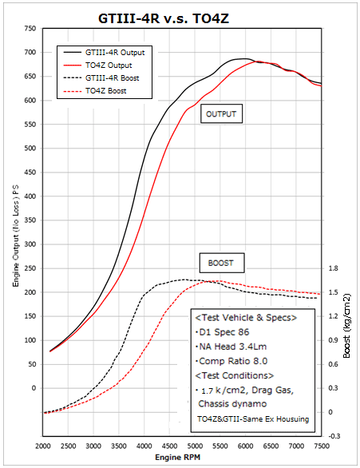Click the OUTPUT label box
(222, 114)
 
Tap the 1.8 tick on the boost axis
(334, 269)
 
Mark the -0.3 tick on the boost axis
(334, 436)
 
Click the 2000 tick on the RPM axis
(43, 446)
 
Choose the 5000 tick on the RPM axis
(196, 446)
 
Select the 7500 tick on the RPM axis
(322, 446)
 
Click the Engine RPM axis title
(183, 458)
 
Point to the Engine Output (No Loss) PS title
(14, 232)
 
